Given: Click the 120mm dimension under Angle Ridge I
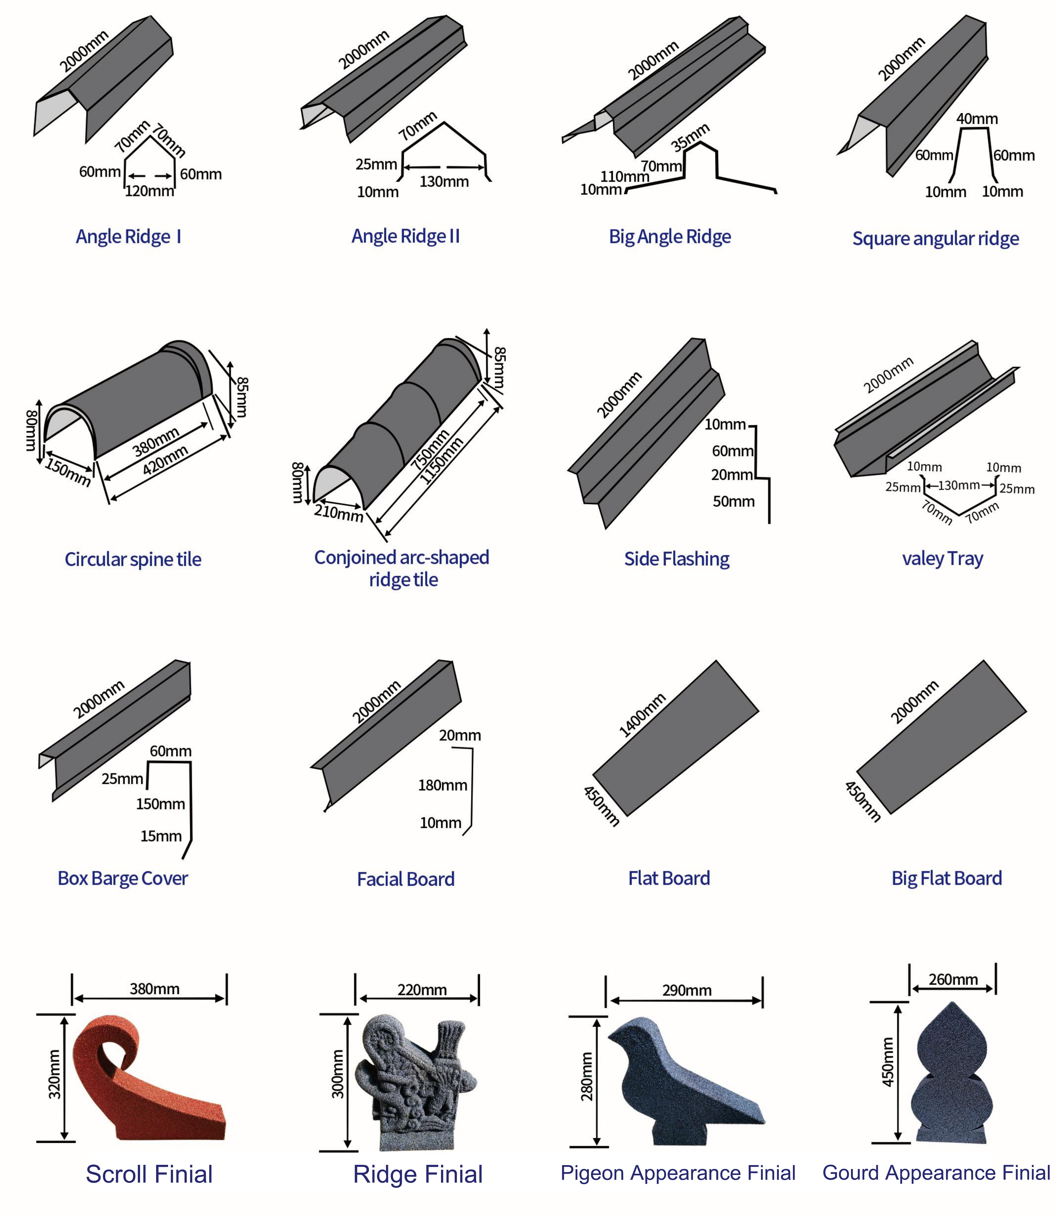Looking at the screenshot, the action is pos(149,191).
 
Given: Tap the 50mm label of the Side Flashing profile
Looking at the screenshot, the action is pos(734,501).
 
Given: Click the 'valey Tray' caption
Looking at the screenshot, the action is pos(943,558).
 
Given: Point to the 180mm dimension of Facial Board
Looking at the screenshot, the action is pos(443,785).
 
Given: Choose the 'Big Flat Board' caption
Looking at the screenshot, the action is pos(947,878).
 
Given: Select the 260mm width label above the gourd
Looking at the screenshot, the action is pos(953,980).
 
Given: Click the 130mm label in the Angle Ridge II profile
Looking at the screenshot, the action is pos(444,181).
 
